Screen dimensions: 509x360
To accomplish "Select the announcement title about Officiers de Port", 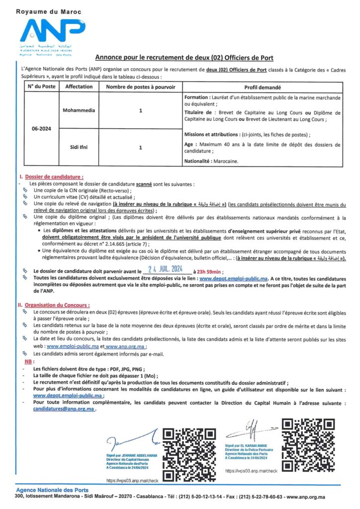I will pos(184,58).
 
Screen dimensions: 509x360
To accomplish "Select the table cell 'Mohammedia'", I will pos(79,110).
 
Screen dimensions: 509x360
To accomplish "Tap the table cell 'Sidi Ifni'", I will pos(79,148).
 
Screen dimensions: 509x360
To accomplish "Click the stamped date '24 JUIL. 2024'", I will pos(166,270).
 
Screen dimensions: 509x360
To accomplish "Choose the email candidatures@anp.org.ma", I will pos(64,409).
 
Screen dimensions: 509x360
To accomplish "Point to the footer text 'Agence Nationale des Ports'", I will pos(52,490).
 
